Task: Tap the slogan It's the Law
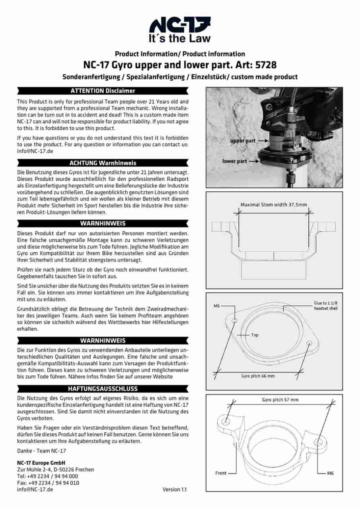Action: [x=180, y=39]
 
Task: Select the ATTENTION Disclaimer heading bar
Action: [x=103, y=91]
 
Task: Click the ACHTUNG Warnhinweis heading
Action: [x=103, y=163]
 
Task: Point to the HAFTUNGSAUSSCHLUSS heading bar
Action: [x=103, y=389]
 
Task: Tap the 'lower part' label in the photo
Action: [x=235, y=161]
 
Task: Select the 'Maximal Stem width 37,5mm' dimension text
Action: [x=274, y=205]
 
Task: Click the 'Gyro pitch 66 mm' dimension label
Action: [x=258, y=376]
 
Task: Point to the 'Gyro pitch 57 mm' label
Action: [x=280, y=400]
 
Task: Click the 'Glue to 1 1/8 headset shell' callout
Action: [x=325, y=305]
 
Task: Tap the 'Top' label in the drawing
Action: [x=255, y=335]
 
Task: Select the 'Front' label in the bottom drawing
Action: [x=221, y=473]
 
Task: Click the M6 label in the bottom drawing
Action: [x=330, y=473]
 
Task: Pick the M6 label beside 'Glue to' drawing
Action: [x=217, y=306]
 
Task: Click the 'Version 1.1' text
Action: [x=174, y=490]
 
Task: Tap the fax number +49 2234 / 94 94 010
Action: [x=48, y=483]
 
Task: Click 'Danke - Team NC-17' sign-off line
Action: [x=42, y=451]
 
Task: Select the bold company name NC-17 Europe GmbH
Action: [x=41, y=463]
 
